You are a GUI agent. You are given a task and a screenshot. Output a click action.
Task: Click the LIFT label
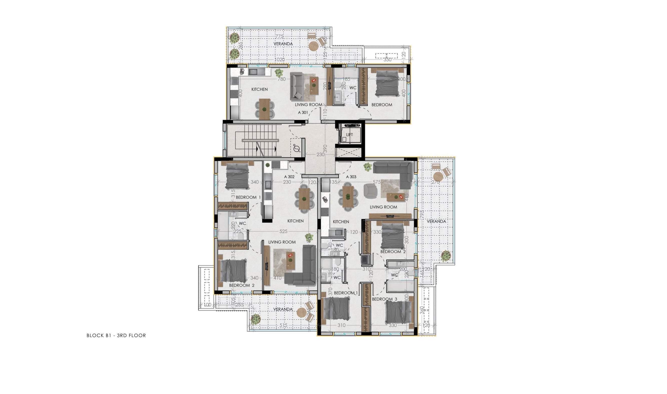(x=349, y=135)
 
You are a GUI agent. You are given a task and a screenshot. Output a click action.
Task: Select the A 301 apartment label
(x=303, y=112)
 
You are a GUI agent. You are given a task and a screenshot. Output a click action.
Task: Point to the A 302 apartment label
(x=289, y=177)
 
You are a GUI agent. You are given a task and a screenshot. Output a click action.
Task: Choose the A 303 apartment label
(x=351, y=177)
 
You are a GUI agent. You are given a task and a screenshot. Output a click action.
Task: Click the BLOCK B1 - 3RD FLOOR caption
(x=116, y=335)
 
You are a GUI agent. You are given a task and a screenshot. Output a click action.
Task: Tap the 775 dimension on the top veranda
(x=280, y=36)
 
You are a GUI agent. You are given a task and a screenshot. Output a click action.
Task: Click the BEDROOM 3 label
(x=384, y=299)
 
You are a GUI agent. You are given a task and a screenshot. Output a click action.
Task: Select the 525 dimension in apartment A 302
(x=283, y=231)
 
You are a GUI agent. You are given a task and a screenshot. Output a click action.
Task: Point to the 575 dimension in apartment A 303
(x=377, y=182)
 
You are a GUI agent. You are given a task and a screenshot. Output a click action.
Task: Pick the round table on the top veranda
(x=313, y=46)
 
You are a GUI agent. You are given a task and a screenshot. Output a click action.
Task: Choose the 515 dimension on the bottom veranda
(x=283, y=325)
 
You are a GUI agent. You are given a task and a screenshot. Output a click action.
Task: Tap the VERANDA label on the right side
(x=436, y=221)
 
